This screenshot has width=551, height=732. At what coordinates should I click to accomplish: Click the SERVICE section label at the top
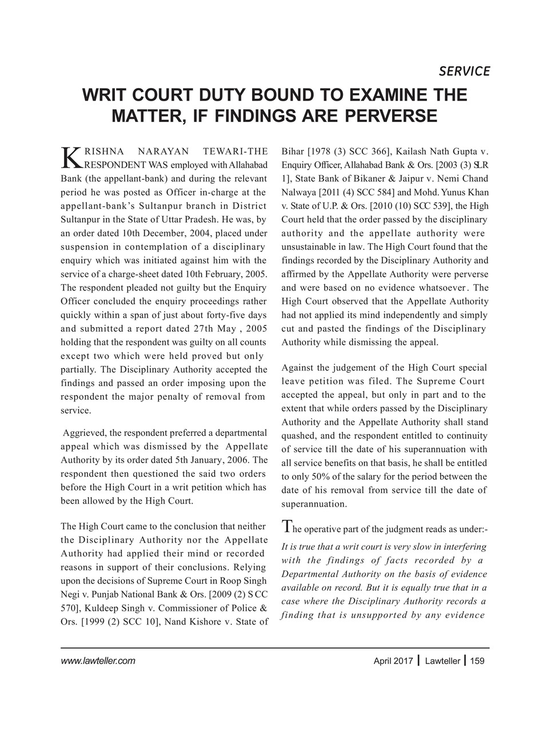click(464, 71)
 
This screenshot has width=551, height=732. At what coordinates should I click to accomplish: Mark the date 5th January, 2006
click(208, 460)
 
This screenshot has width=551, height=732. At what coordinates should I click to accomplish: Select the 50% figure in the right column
click(316, 476)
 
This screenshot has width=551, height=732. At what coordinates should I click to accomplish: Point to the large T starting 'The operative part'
click(287, 528)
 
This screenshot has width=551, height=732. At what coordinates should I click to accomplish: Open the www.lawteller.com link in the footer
click(98, 661)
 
